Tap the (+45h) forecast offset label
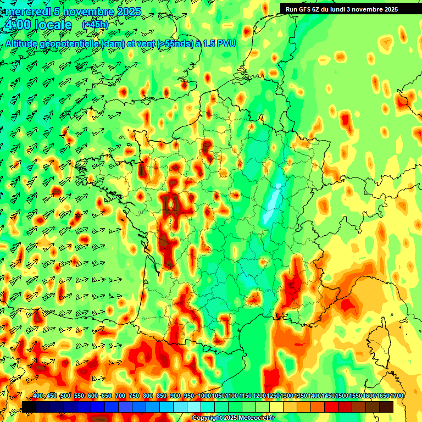click(95, 25)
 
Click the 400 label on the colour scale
click(38, 396)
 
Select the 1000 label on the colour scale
click(204, 396)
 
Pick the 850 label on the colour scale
click(162, 396)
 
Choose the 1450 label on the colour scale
click(328, 396)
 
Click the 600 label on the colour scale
click(93, 396)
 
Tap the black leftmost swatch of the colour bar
click(29, 407)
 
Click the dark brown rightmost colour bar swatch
click(386, 407)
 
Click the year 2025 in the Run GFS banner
click(390, 9)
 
